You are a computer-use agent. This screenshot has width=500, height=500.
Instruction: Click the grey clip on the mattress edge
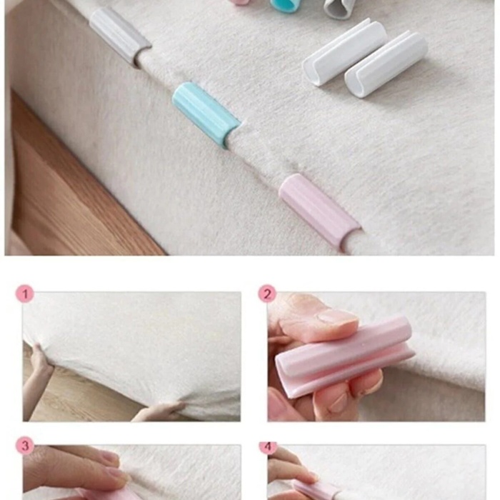point(119,36)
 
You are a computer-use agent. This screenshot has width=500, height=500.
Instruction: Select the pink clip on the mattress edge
point(319,211)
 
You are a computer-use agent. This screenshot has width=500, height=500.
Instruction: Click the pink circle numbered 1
point(25,294)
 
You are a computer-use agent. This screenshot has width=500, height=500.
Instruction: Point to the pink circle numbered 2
point(267,294)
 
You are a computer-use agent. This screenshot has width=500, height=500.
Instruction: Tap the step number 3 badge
point(25,446)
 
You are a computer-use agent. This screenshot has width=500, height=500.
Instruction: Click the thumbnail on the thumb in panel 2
point(338,319)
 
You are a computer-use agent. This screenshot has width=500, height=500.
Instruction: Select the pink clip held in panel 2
point(344,357)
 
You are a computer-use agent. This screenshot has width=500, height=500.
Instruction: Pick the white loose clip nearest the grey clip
point(344,53)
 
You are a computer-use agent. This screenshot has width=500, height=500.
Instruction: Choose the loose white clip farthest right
point(386,64)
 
